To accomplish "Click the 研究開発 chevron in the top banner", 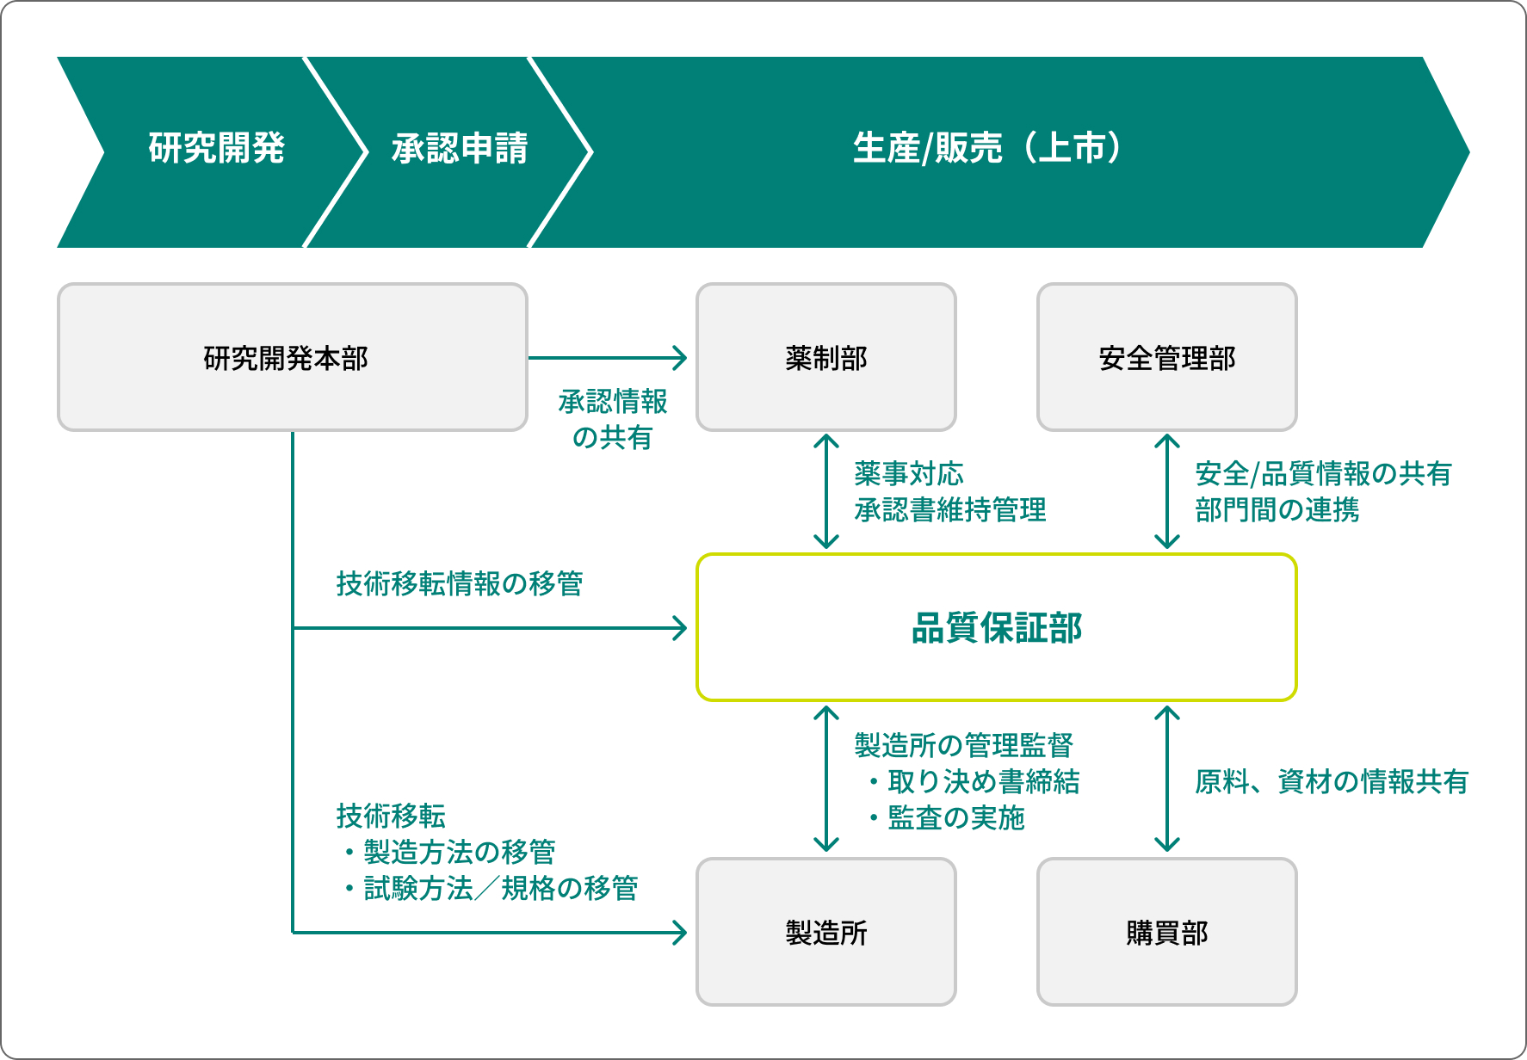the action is click(x=207, y=152).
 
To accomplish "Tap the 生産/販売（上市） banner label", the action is click(x=988, y=148).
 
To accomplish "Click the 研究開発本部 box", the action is click(x=293, y=357).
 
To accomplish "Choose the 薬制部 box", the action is click(x=826, y=357).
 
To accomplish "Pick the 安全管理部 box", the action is click(x=1167, y=357).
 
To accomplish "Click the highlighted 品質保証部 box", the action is click(x=997, y=627).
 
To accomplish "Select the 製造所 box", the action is click(x=826, y=932).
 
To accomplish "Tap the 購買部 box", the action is click(x=1167, y=932).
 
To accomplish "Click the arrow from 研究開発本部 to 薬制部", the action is click(x=608, y=358).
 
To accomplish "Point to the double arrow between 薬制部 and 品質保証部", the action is click(x=826, y=491).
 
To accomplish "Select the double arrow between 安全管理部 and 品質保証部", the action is click(x=1167, y=491).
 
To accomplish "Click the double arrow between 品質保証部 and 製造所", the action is click(x=826, y=779).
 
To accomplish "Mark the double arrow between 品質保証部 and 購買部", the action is click(x=1167, y=779).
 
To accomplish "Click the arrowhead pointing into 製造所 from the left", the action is click(x=680, y=932).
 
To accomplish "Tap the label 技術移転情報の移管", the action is click(x=460, y=583).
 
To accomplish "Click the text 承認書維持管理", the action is click(x=950, y=509).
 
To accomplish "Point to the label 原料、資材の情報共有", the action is click(x=1332, y=781).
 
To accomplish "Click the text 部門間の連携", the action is click(x=1277, y=509).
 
